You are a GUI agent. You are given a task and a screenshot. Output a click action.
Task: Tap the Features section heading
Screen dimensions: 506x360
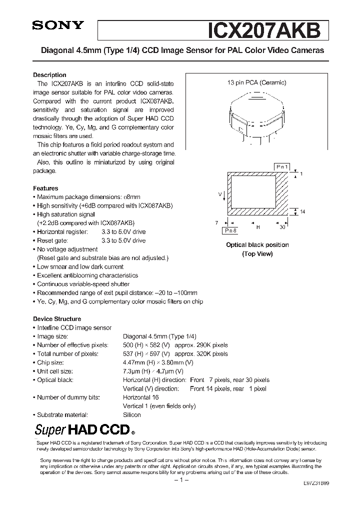point(45,188)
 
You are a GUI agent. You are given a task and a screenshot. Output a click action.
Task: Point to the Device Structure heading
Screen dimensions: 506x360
point(57,319)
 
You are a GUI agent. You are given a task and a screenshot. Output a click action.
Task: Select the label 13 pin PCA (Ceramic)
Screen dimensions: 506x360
point(257,83)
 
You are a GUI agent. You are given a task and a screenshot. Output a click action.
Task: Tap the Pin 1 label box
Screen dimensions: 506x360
point(282,166)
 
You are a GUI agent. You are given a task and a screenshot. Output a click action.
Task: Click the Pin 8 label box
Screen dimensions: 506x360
point(230,230)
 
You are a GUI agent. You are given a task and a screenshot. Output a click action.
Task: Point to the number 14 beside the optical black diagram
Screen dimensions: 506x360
point(302,212)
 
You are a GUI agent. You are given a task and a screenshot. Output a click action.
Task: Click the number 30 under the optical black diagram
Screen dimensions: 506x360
point(282,227)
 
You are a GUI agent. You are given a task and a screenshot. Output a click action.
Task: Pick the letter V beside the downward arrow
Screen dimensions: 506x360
point(219,192)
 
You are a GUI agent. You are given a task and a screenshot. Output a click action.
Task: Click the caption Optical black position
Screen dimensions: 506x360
point(257,245)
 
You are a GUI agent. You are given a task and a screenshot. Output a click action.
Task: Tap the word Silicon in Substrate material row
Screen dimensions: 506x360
point(132,415)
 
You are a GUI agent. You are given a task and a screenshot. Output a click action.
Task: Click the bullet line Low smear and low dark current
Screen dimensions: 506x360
point(80,267)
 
